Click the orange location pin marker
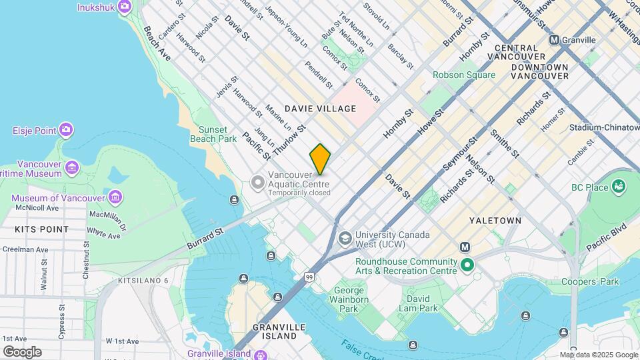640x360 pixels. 320,159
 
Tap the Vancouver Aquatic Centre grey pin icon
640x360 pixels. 258,181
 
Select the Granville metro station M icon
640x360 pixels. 554,40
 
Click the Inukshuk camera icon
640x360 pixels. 124,7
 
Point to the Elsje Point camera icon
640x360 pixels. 66,129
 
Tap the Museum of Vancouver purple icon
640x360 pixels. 115,197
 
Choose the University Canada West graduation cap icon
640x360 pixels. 345,238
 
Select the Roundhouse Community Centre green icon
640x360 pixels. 467,266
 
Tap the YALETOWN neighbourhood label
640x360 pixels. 495,220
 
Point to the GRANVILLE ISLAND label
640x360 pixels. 279,331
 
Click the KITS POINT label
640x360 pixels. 41,229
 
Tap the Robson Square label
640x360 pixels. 464,75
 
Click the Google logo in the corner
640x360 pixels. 22,351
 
